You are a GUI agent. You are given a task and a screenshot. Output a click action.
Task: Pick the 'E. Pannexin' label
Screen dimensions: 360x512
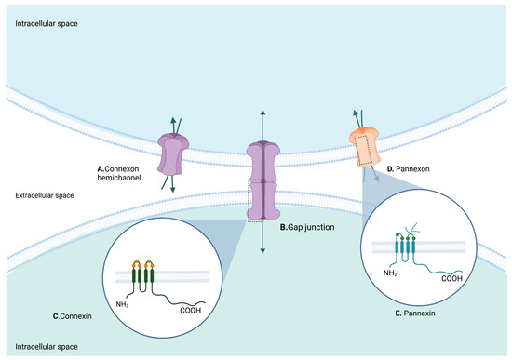pos(411,314)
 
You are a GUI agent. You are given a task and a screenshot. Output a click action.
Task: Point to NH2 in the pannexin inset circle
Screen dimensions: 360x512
pos(376,273)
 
